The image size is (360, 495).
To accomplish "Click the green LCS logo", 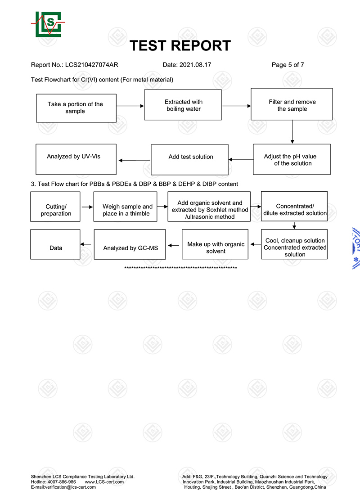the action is tap(48, 24).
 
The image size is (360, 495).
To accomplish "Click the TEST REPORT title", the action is tap(180, 46).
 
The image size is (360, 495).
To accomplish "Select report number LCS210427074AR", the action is tap(92, 65).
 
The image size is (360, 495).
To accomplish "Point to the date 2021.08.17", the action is tap(195, 65).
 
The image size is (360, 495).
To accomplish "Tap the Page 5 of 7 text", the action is tap(288, 65).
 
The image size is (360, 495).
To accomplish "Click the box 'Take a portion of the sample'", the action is tap(76, 108).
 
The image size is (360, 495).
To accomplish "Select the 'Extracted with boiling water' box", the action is tap(183, 105).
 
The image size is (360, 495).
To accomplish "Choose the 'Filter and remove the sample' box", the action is tap(292, 104).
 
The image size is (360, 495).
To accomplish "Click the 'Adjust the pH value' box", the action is tap(292, 159).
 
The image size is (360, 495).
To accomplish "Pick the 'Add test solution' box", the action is tap(190, 160).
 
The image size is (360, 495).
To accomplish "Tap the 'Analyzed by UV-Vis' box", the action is tap(76, 159).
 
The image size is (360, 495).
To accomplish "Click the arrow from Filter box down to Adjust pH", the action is tap(292, 132).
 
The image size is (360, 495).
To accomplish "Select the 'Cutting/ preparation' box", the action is tap(55, 207).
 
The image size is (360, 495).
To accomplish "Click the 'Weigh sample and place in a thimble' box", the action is tap(126, 207).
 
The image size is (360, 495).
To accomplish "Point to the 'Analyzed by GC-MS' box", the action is tap(130, 244).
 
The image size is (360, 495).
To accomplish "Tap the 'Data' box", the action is tap(55, 244).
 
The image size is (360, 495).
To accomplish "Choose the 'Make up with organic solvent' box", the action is tap(215, 244).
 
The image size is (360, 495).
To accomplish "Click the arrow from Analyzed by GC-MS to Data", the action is tap(85, 244).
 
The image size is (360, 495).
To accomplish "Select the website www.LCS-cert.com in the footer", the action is tap(104, 482).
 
